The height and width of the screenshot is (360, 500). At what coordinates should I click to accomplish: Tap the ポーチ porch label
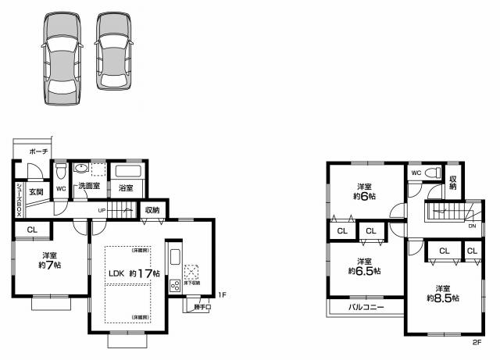(x=39, y=151)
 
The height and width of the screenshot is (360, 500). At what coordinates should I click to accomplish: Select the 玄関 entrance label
(x=36, y=191)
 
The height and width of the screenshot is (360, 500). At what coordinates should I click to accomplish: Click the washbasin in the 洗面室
(x=81, y=168)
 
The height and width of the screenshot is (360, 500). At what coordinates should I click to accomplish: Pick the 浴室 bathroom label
(x=126, y=188)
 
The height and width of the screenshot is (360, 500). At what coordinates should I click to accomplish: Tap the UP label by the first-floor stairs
(x=102, y=210)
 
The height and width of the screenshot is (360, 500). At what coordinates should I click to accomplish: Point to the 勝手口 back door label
(x=202, y=307)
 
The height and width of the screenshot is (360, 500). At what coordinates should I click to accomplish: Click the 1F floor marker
(x=222, y=295)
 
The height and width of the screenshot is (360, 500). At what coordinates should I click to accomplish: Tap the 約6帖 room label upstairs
(x=364, y=191)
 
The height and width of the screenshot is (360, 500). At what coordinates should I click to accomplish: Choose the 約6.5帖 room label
(x=364, y=266)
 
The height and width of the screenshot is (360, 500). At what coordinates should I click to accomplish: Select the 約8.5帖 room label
(x=442, y=293)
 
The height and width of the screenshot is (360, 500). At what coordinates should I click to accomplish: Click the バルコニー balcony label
(x=366, y=307)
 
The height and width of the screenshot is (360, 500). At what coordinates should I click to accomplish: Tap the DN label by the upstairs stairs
(x=472, y=226)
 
